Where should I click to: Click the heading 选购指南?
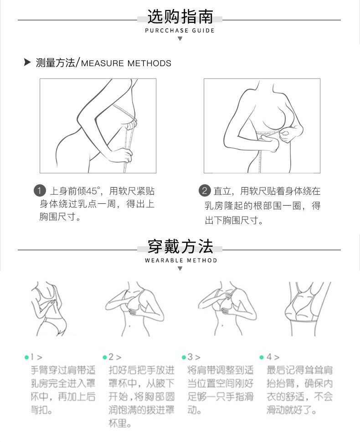[180, 16]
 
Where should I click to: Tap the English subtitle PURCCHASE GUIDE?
[180, 31]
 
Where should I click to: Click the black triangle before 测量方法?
[27, 62]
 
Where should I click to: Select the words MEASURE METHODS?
[126, 63]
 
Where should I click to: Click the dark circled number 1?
[40, 191]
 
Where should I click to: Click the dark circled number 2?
[205, 191]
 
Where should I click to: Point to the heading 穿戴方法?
[180, 247]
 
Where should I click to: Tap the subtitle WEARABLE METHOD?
[181, 260]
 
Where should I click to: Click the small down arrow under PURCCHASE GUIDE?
[180, 39]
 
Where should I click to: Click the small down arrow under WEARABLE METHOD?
[180, 269]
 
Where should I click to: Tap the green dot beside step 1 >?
[27, 358]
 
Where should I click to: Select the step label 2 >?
[115, 357]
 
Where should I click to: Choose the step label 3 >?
[194, 357]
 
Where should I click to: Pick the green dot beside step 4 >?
[262, 358]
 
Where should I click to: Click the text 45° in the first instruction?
[93, 191]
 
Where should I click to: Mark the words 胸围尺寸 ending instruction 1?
[58, 217]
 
